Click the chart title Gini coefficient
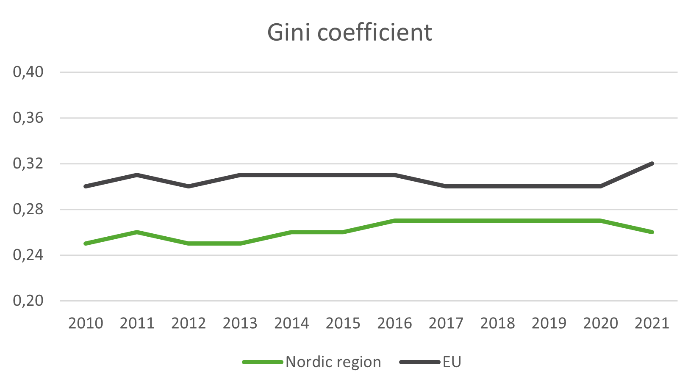349,33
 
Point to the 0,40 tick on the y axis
28,72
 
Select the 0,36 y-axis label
28,118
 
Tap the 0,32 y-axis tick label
28,163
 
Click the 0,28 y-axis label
28,209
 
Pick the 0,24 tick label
28,255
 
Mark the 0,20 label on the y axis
28,301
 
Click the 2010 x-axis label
86,324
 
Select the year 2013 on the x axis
240,324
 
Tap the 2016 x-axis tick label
394,324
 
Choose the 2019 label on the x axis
549,324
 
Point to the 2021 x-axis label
652,324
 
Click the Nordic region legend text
333,362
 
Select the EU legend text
452,362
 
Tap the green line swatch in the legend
263,362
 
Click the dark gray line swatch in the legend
420,362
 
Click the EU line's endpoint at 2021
652,163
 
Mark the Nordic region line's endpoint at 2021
652,232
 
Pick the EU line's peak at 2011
137,174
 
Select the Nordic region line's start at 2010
86,243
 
